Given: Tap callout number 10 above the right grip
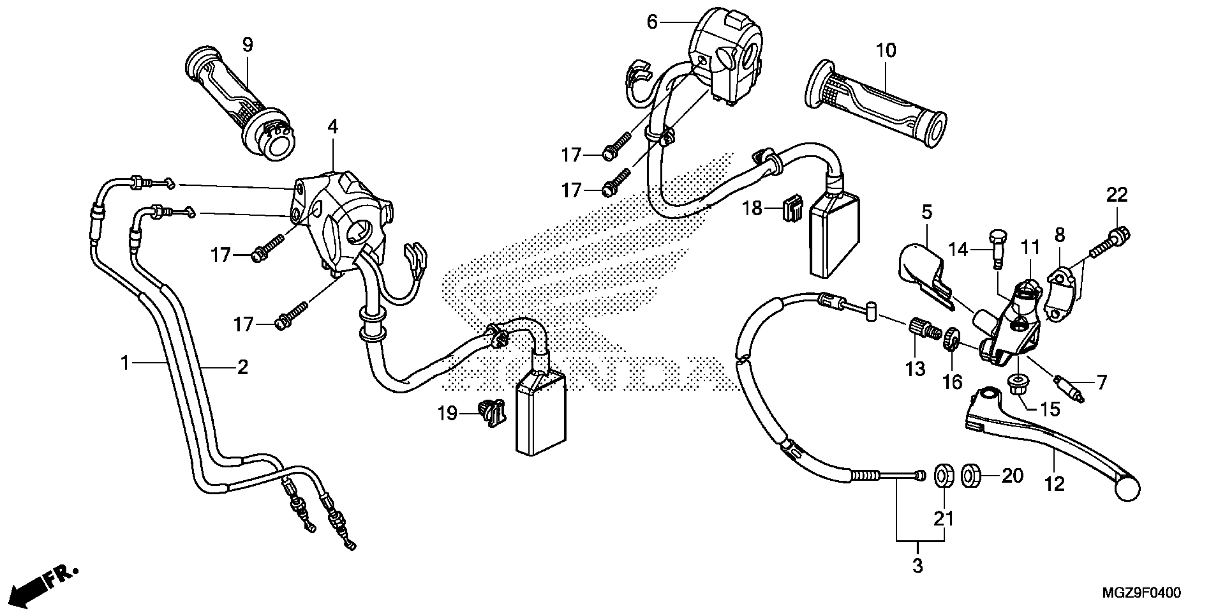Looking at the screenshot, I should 886,50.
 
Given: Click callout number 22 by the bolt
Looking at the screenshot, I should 1117,195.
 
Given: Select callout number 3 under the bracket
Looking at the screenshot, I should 917,566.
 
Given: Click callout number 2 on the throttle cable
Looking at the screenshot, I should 242,367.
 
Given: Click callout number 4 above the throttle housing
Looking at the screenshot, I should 333,127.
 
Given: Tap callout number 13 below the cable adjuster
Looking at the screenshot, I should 915,369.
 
